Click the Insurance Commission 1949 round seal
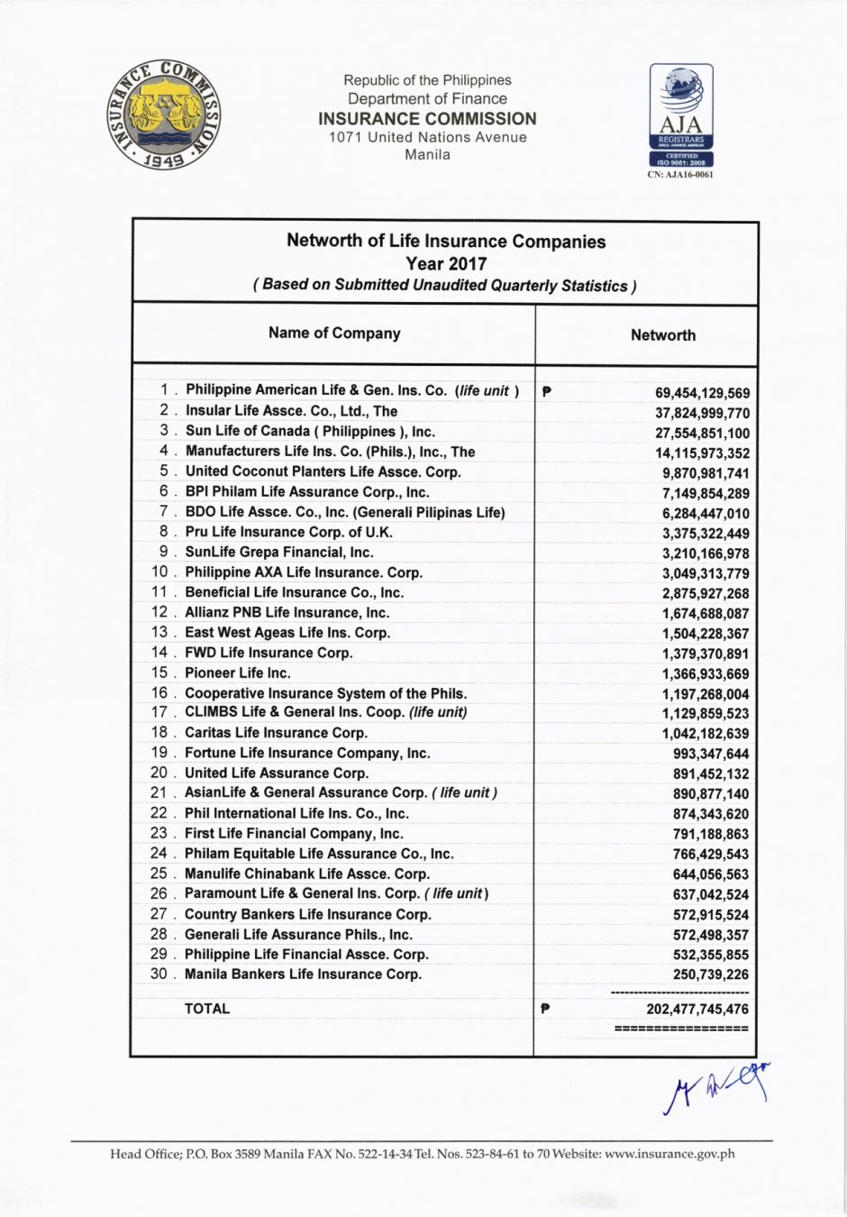164,116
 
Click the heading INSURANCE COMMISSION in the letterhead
427,118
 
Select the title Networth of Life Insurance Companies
446,241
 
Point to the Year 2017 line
446,263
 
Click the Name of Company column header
334,333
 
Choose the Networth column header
662,334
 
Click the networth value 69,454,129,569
702,393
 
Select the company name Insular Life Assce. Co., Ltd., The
291,410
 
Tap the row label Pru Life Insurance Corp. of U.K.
288,532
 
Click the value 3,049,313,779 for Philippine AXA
706,573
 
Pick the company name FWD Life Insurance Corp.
269,653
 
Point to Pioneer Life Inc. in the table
237,673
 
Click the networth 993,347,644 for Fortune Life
710,754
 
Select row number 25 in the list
159,874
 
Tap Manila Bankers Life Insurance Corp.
303,974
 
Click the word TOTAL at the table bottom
207,1009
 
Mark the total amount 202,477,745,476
697,1010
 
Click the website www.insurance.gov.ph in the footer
669,1154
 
